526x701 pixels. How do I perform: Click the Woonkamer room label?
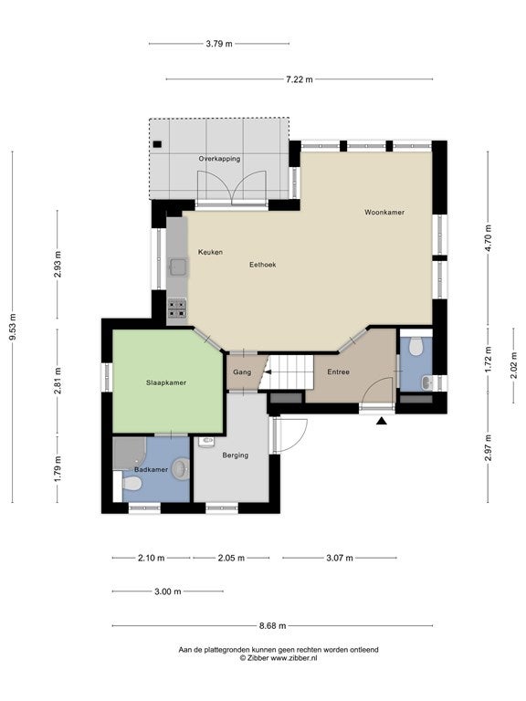(x=384, y=213)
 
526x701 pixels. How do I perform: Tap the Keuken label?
(x=210, y=252)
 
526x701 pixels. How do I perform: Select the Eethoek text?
(x=263, y=265)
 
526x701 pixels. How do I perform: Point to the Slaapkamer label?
(x=166, y=382)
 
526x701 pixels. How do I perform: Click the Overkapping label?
(x=219, y=159)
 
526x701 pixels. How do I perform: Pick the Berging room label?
(x=236, y=455)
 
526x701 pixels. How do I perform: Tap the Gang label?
(x=242, y=372)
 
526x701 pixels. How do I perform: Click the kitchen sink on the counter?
(x=178, y=267)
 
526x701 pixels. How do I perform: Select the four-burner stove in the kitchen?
(x=177, y=309)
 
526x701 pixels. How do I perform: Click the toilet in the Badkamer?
(x=131, y=483)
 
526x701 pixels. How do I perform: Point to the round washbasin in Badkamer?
(x=181, y=468)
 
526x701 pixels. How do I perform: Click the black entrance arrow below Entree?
(x=381, y=420)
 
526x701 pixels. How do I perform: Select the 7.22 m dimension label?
(x=300, y=79)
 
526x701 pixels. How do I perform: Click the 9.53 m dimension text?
(x=13, y=327)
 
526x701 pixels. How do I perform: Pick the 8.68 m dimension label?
(x=272, y=626)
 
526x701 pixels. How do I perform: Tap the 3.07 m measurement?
(x=340, y=558)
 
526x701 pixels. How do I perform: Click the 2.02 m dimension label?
(x=514, y=365)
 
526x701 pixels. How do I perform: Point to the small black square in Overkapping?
(x=157, y=144)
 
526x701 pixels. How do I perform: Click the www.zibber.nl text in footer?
(x=294, y=658)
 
